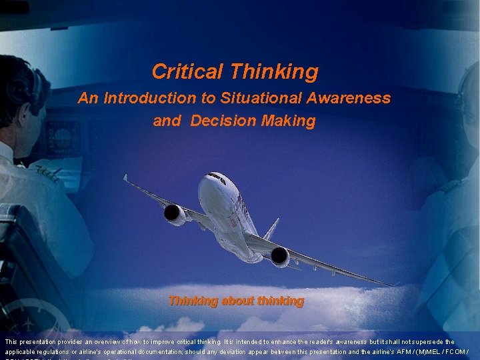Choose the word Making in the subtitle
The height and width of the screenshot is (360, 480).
[288, 121]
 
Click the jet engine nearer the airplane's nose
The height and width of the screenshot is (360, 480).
[175, 213]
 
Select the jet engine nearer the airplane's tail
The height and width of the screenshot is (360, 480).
[279, 256]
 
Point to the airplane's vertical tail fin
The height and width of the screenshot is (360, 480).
[271, 229]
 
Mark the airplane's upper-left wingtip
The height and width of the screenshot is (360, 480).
[125, 177]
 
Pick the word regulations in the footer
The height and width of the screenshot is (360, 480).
[55, 351]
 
